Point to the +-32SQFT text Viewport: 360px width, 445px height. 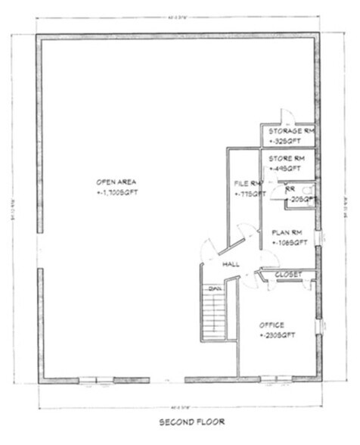point(282,141)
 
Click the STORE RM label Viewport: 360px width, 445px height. point(286,158)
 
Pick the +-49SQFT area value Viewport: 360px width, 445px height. point(281,169)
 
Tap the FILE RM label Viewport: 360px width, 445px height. point(247,183)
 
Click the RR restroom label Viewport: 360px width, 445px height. point(290,189)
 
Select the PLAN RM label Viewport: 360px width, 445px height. point(288,232)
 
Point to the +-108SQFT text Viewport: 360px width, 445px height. point(289,242)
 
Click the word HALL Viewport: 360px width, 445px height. point(231,264)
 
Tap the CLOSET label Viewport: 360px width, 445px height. point(290,274)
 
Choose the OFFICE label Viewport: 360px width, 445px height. point(272,324)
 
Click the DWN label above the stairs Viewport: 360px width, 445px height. point(215,288)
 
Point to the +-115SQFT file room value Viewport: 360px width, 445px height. point(250,194)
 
